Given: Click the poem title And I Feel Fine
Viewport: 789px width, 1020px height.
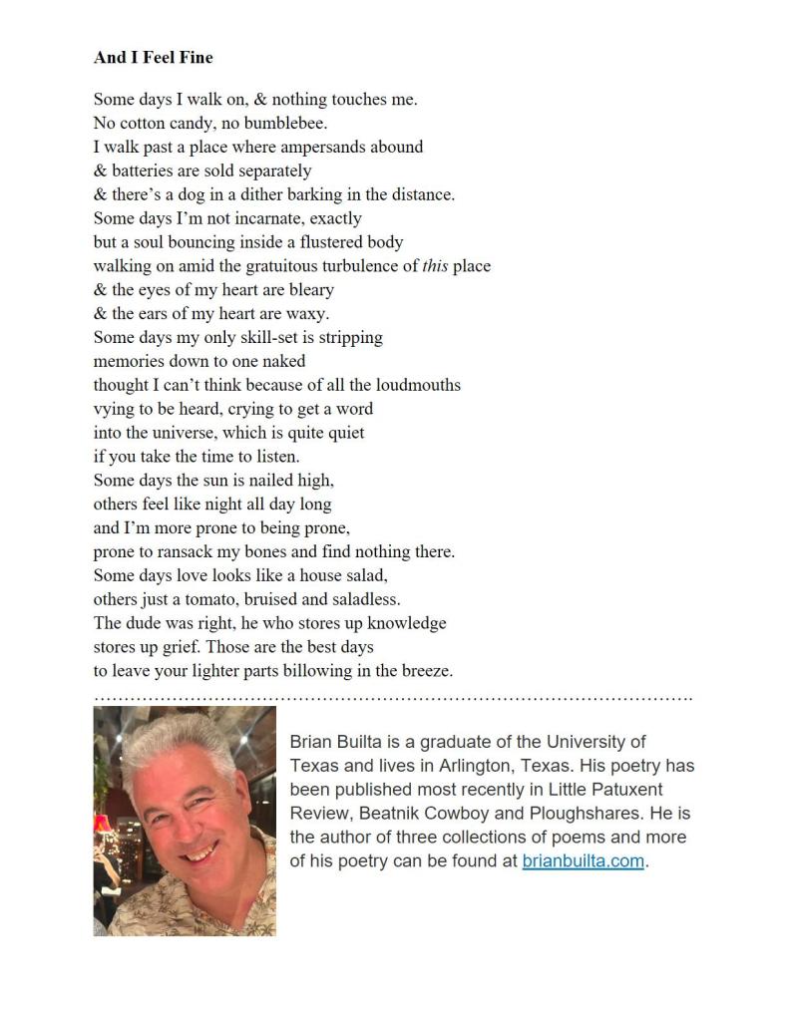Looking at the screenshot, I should click(x=153, y=58).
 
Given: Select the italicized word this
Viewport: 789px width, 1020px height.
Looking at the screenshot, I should click(x=435, y=266).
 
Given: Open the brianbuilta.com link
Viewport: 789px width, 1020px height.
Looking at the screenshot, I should click(x=583, y=861).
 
